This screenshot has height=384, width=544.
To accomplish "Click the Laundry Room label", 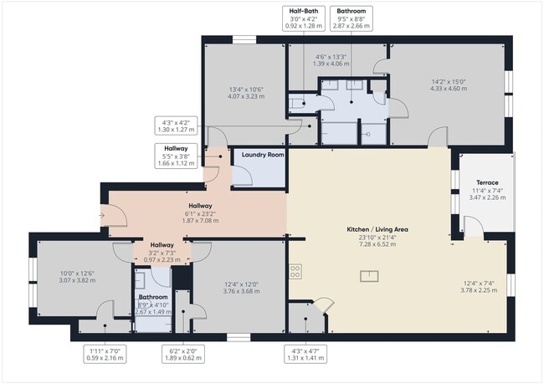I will click(263, 155).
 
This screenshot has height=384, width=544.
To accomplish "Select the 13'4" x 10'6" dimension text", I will click(246, 92).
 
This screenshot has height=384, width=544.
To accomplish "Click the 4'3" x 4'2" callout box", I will click(177, 126).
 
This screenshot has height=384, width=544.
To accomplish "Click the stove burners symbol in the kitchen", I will click(295, 270).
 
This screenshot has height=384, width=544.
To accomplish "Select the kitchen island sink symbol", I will click(367, 275).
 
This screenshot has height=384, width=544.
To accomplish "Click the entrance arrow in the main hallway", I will click(102, 216).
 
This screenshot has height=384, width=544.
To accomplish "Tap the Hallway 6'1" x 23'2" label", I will click(200, 213).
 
